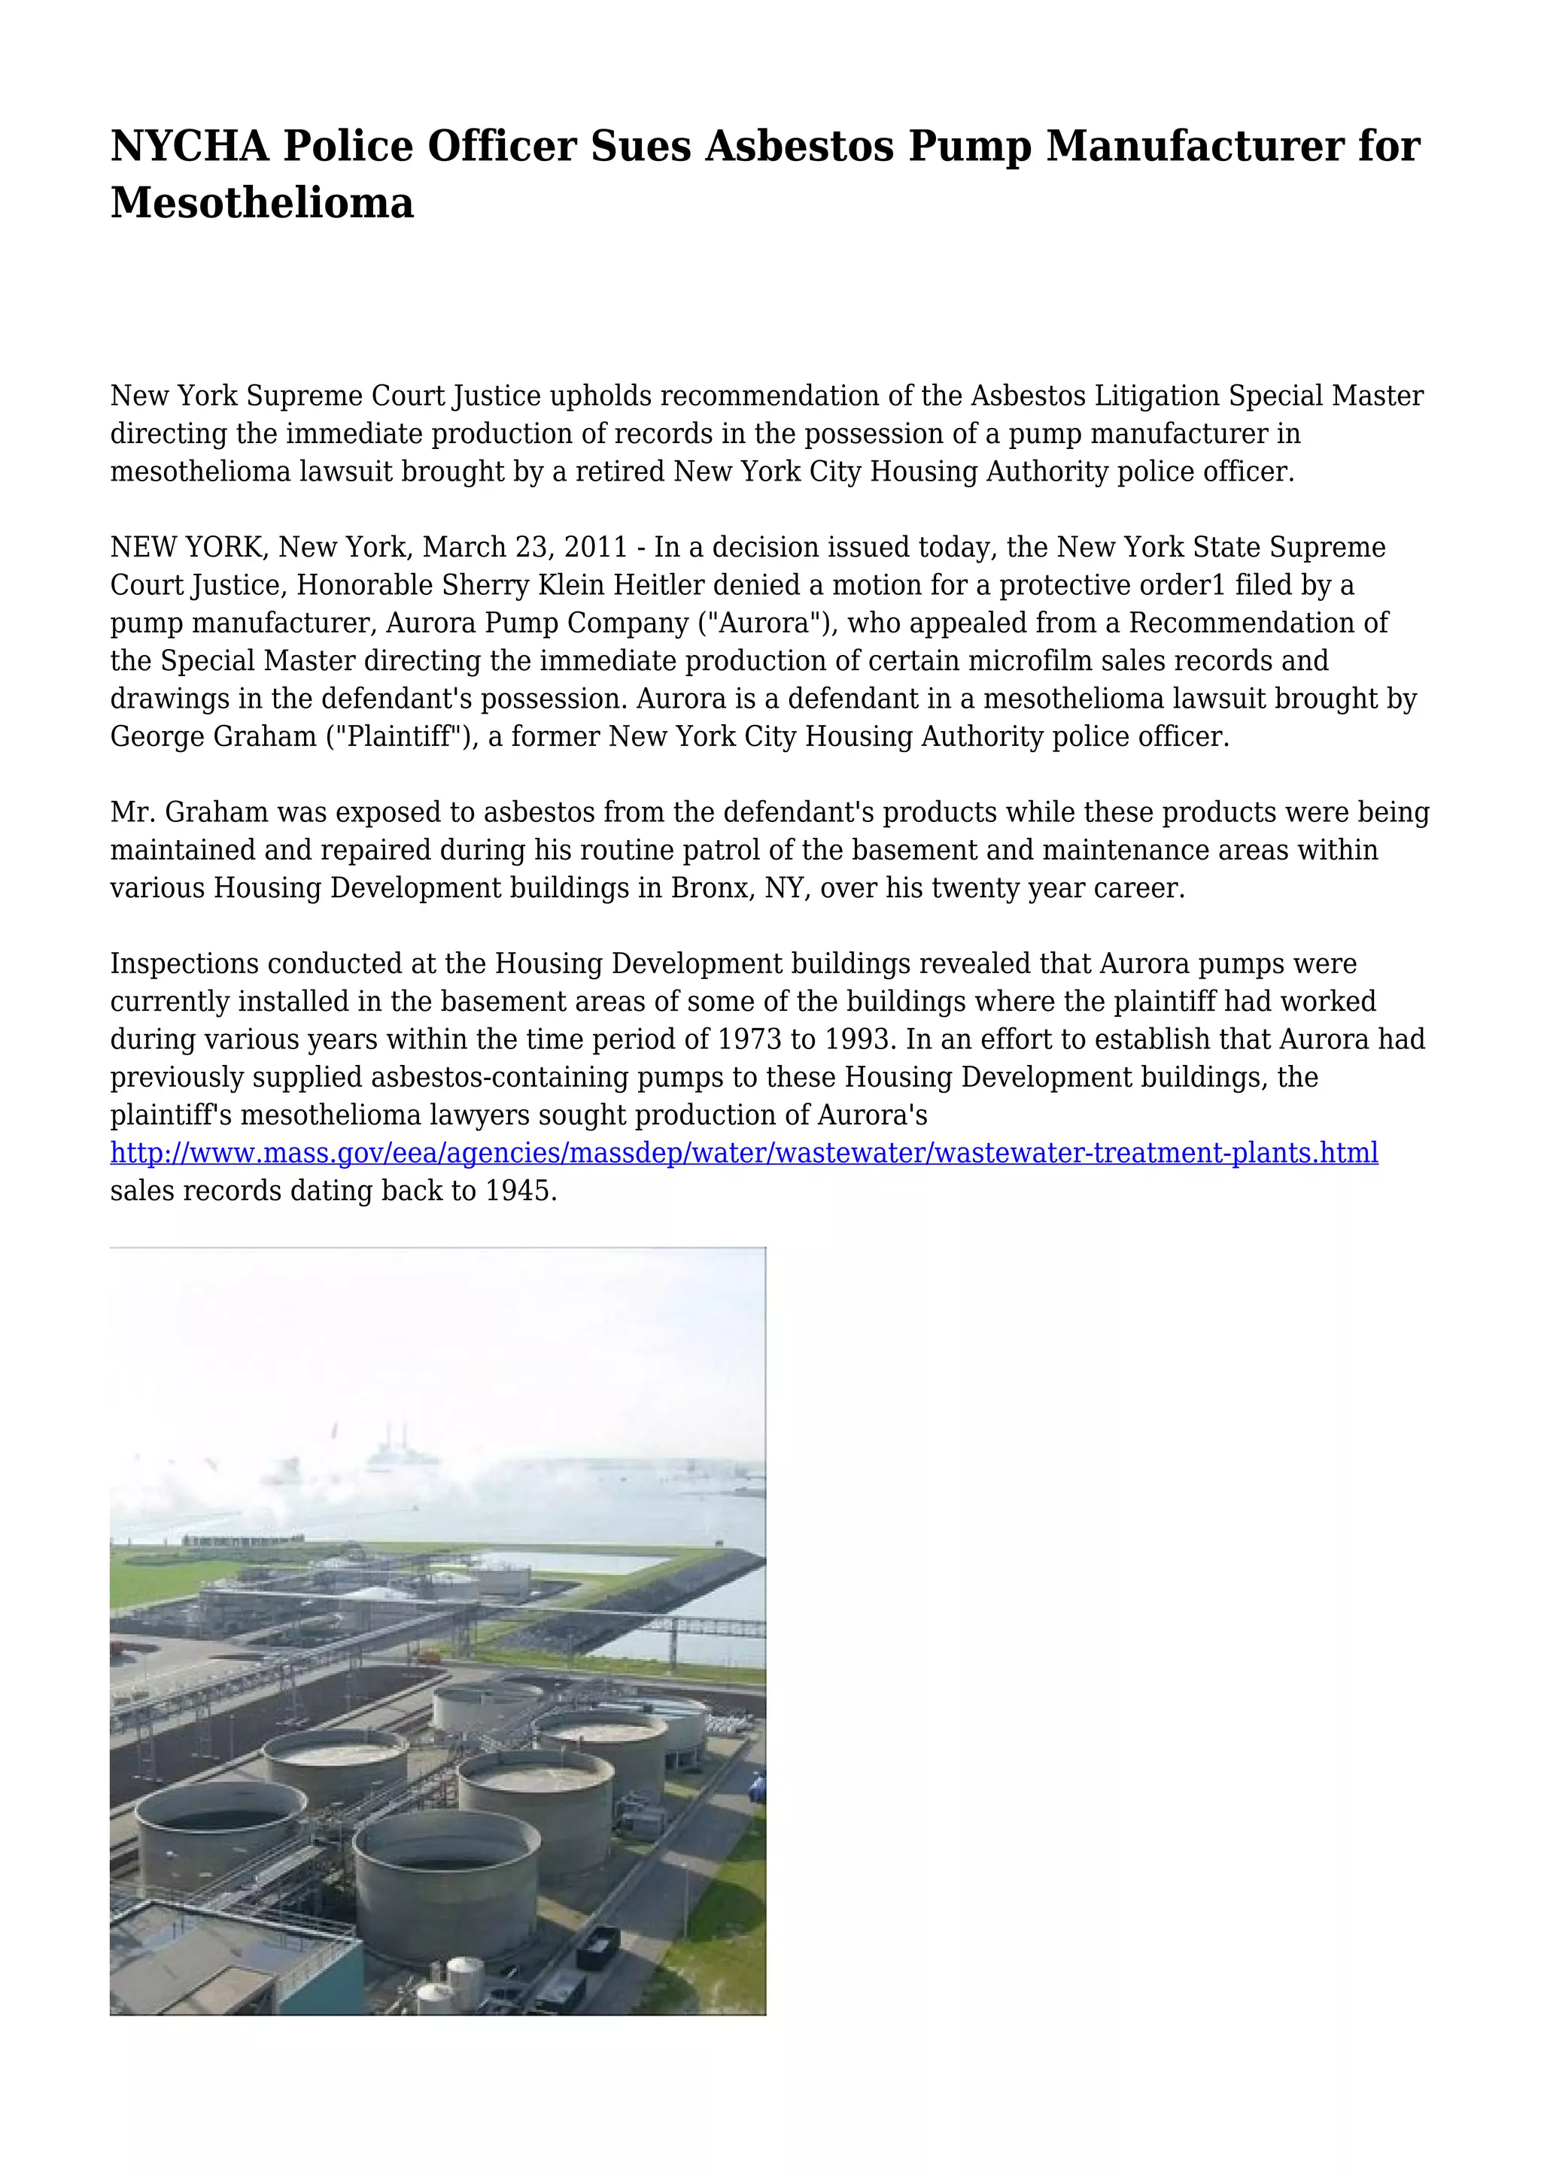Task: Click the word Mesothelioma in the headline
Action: click(x=262, y=202)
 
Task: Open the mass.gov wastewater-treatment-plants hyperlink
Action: click(x=744, y=1154)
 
